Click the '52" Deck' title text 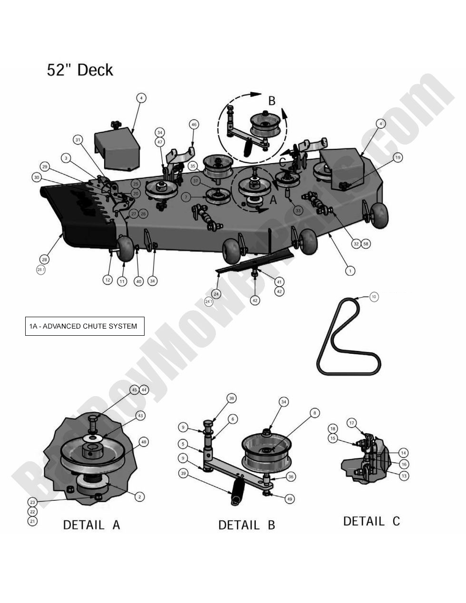(x=80, y=70)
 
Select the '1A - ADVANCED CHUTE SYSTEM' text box (x=85, y=326)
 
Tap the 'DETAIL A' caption (x=91, y=525)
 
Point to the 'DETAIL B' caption (x=246, y=525)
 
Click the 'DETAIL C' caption (x=371, y=521)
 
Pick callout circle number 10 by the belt (x=374, y=297)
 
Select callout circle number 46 (x=194, y=125)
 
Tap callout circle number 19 (x=398, y=157)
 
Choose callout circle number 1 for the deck (x=350, y=271)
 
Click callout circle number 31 (x=78, y=139)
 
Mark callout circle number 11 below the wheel (x=122, y=281)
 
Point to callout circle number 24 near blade (x=216, y=294)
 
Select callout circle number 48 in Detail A (x=144, y=442)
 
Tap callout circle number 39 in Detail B (x=184, y=473)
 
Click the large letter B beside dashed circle (x=272, y=101)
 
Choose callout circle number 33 (x=298, y=210)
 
